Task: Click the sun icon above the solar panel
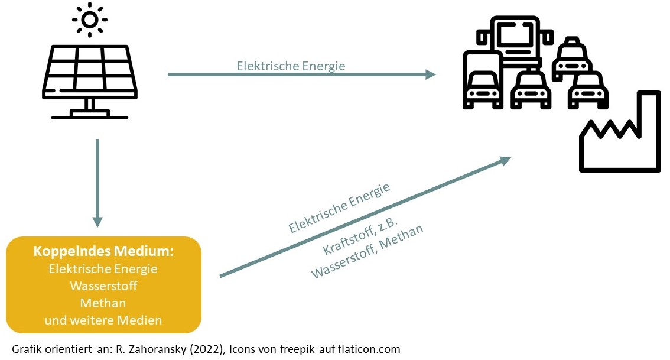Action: click(x=90, y=20)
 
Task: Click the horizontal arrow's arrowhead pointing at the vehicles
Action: click(x=430, y=74)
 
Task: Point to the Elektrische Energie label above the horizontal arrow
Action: click(x=291, y=66)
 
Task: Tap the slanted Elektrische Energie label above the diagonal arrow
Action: click(x=339, y=208)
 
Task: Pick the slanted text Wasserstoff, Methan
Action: click(x=367, y=252)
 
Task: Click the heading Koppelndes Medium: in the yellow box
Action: click(x=103, y=251)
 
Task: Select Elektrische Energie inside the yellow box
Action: click(x=103, y=268)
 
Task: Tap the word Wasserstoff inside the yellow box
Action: click(x=103, y=286)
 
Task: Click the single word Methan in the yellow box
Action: click(x=103, y=303)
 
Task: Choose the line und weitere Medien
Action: click(x=103, y=320)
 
